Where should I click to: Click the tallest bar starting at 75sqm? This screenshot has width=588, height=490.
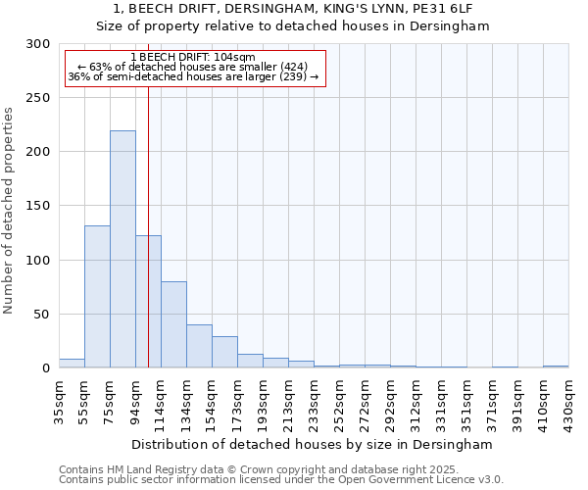(122, 249)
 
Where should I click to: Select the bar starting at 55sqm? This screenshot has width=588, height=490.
(97, 297)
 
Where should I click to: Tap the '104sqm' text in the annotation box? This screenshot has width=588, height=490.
(233, 58)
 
